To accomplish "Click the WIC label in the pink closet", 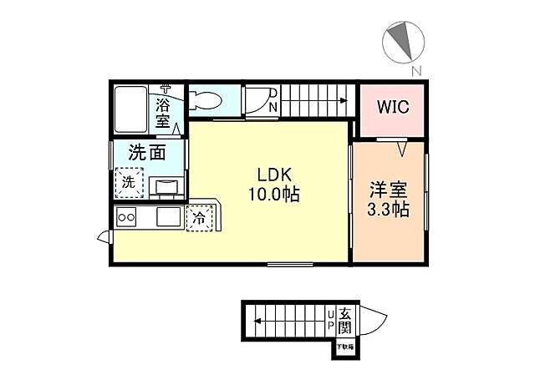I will pyautogui.click(x=392, y=107).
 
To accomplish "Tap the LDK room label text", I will pyautogui.click(x=273, y=177).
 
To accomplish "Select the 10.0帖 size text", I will pyautogui.click(x=273, y=195).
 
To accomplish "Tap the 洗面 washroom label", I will pyautogui.click(x=145, y=153).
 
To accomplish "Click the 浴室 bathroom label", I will pyautogui.click(x=164, y=113).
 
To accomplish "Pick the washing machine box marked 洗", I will pyautogui.click(x=130, y=181).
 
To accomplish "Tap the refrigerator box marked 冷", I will pyautogui.click(x=200, y=217).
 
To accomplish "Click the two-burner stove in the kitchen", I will pyautogui.click(x=128, y=217).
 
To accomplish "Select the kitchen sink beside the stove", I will pyautogui.click(x=166, y=217).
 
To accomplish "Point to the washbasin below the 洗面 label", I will pyautogui.click(x=167, y=185).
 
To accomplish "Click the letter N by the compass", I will pyautogui.click(x=415, y=69).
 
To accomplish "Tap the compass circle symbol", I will pyautogui.click(x=403, y=38).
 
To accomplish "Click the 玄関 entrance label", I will pyautogui.click(x=344, y=319).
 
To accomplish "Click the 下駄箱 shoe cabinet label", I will pyautogui.click(x=344, y=346).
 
